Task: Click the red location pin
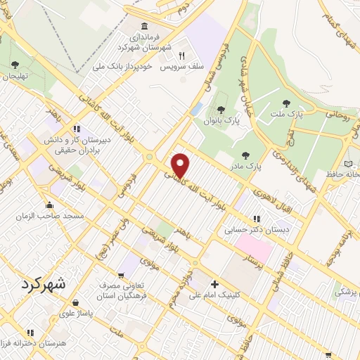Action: pyautogui.click(x=181, y=165)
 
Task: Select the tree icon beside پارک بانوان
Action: pyautogui.click(x=222, y=109)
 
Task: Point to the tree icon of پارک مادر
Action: pyautogui.click(x=244, y=155)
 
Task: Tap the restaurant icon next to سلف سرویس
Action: pyautogui.click(x=181, y=56)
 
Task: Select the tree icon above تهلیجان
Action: pyautogui.click(x=15, y=65)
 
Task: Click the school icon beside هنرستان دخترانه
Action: pyautogui.click(x=30, y=333)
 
